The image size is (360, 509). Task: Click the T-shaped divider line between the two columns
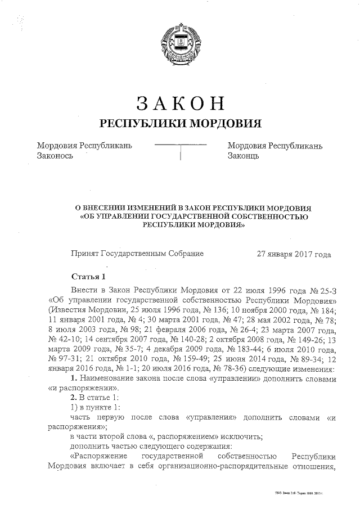click(x=180, y=151)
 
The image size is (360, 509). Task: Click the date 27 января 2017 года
click(x=294, y=254)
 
